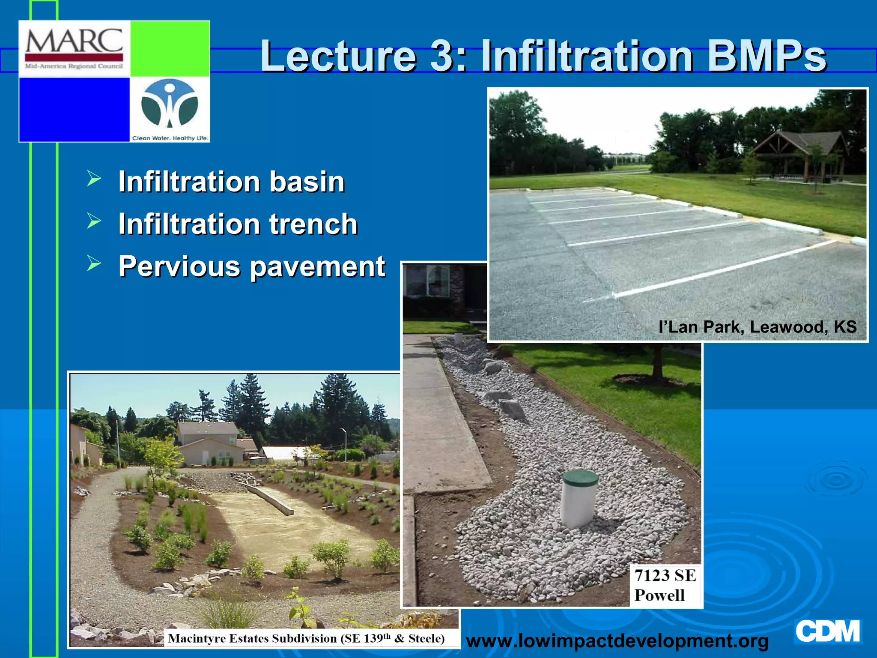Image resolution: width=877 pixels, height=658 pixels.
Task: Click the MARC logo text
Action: point(74,42)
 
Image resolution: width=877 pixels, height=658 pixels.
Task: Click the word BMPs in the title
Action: point(767,56)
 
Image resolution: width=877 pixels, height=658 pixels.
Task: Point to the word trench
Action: point(313,224)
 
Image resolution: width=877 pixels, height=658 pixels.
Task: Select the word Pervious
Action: point(179,266)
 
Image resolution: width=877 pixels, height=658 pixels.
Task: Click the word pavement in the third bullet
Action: point(317,266)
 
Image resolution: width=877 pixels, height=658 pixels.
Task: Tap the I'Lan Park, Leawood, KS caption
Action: point(757,327)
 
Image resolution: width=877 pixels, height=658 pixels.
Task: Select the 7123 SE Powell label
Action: point(665,585)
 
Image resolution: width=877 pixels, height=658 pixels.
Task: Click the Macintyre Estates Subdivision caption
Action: point(306,638)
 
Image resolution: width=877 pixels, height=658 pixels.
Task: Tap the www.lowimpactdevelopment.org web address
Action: point(617,641)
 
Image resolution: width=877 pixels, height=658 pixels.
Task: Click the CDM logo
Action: point(827,631)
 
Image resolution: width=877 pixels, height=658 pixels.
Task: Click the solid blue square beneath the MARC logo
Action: point(74,109)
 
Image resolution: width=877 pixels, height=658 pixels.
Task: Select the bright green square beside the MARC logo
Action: point(170,48)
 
